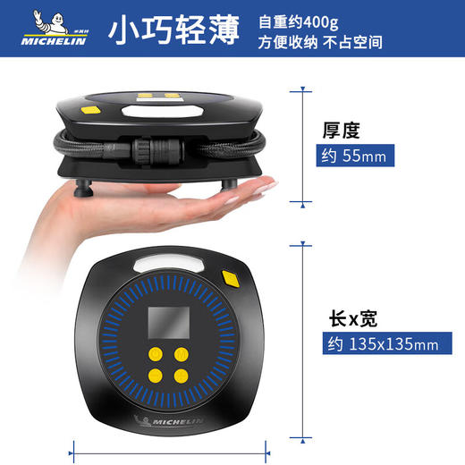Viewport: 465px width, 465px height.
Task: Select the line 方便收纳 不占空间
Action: coord(320,43)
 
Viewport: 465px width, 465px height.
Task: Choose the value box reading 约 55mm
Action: coord(356,157)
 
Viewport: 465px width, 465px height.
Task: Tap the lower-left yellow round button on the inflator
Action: coord(155,376)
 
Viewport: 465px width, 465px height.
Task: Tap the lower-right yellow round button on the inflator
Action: coord(182,376)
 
